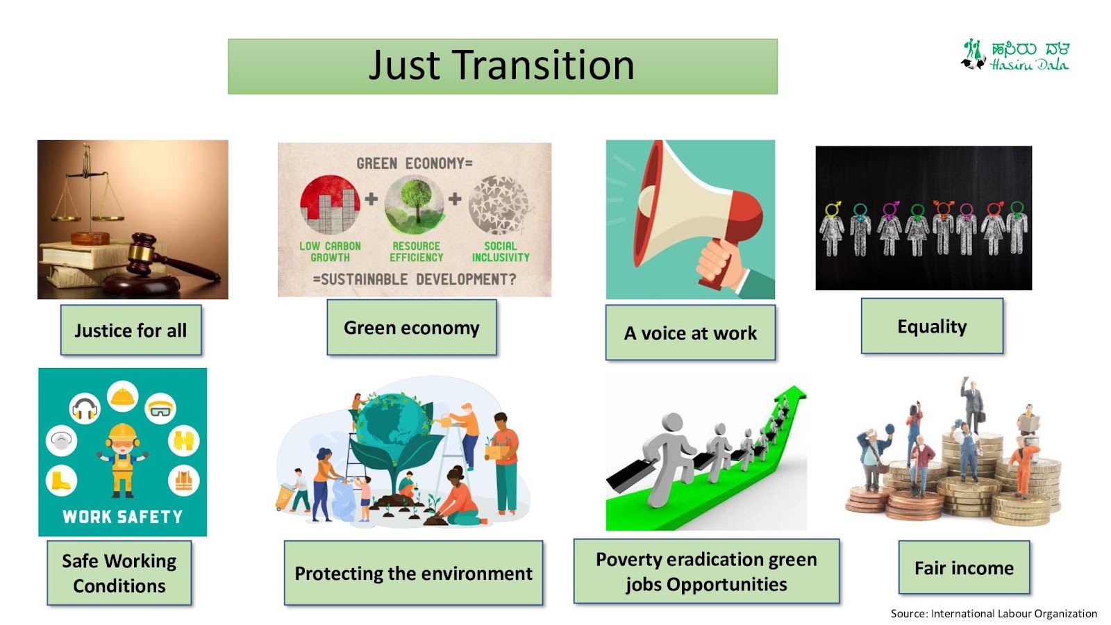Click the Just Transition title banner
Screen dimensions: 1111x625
coord(503,67)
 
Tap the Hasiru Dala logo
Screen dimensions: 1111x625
coord(1015,55)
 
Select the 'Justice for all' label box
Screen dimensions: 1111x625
coord(131,331)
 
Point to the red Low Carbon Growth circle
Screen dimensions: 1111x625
coord(330,204)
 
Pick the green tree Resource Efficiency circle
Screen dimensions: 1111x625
coord(414,204)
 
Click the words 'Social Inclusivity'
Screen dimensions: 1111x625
coord(501,251)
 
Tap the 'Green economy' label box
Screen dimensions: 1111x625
coord(412,327)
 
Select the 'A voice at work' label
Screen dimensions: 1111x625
coord(690,333)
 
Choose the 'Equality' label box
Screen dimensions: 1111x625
coord(932,326)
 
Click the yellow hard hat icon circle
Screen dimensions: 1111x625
coord(122,397)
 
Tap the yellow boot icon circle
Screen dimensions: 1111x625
coord(62,480)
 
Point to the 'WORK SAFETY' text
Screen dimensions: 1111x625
coord(122,517)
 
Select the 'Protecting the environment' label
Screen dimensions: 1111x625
coord(413,574)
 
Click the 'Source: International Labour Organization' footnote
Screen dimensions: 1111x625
coord(994,614)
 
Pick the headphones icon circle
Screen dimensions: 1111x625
coord(85,408)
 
